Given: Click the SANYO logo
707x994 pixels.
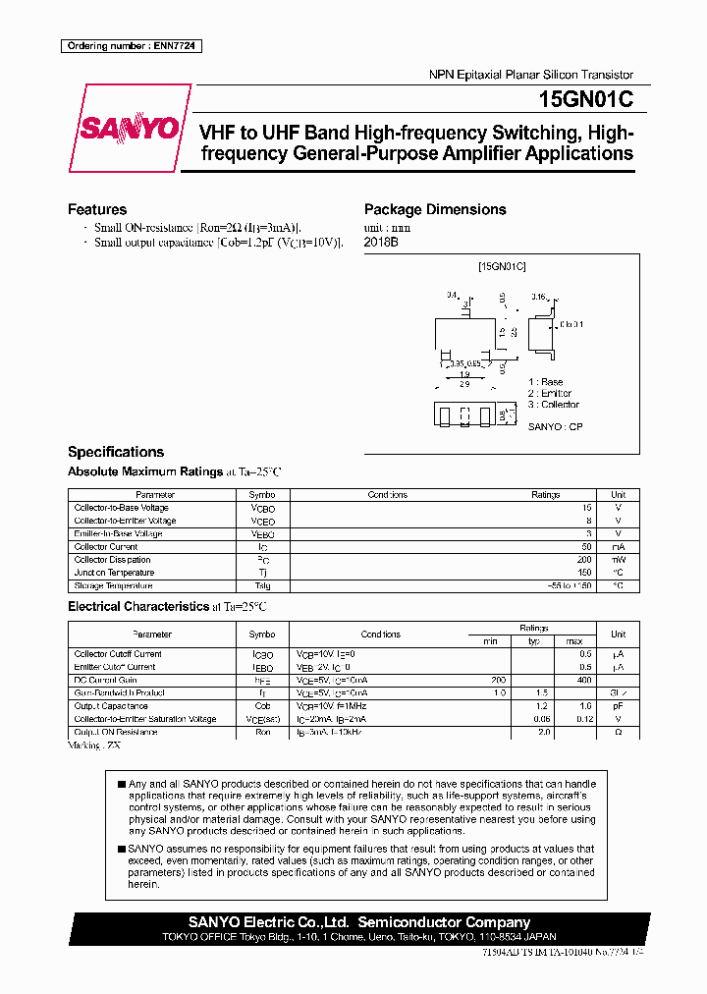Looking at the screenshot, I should [130, 129].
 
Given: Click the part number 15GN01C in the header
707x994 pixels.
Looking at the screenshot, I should [585, 99].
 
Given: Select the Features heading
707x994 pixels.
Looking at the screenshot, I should [97, 209].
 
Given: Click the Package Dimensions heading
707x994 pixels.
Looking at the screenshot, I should [435, 209].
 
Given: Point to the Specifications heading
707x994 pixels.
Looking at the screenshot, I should [116, 452].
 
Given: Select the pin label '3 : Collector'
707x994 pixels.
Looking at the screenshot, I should [554, 405].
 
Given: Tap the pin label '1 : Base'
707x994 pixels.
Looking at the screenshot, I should [546, 382].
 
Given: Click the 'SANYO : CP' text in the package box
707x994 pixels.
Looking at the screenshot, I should [555, 428].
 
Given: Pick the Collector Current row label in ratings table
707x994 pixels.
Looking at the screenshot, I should [106, 547].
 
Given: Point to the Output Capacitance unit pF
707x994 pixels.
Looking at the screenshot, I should [618, 705].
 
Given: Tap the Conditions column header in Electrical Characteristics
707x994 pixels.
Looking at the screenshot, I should [381, 635].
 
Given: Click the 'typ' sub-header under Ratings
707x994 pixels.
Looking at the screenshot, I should [533, 641].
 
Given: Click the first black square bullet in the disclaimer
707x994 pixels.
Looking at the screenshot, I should [121, 784].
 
